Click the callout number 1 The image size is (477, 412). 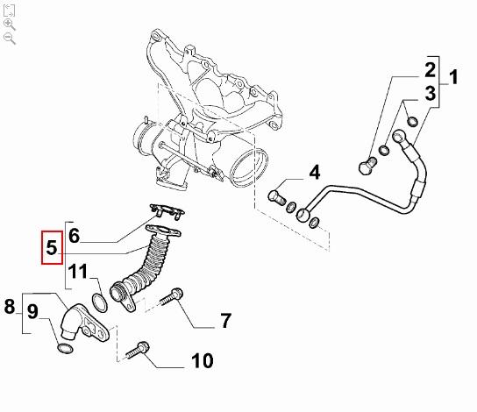click(x=453, y=77)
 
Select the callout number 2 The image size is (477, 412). click(x=431, y=70)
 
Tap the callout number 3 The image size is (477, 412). click(x=431, y=93)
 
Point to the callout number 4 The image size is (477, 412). click(x=315, y=173)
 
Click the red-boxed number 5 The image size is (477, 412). click(x=52, y=247)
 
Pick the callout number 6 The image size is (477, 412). click(x=74, y=236)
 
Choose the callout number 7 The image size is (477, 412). click(x=225, y=321)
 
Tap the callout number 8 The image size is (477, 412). click(x=10, y=306)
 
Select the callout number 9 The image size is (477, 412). click(x=32, y=311)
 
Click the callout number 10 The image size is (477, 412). click(x=203, y=361)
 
